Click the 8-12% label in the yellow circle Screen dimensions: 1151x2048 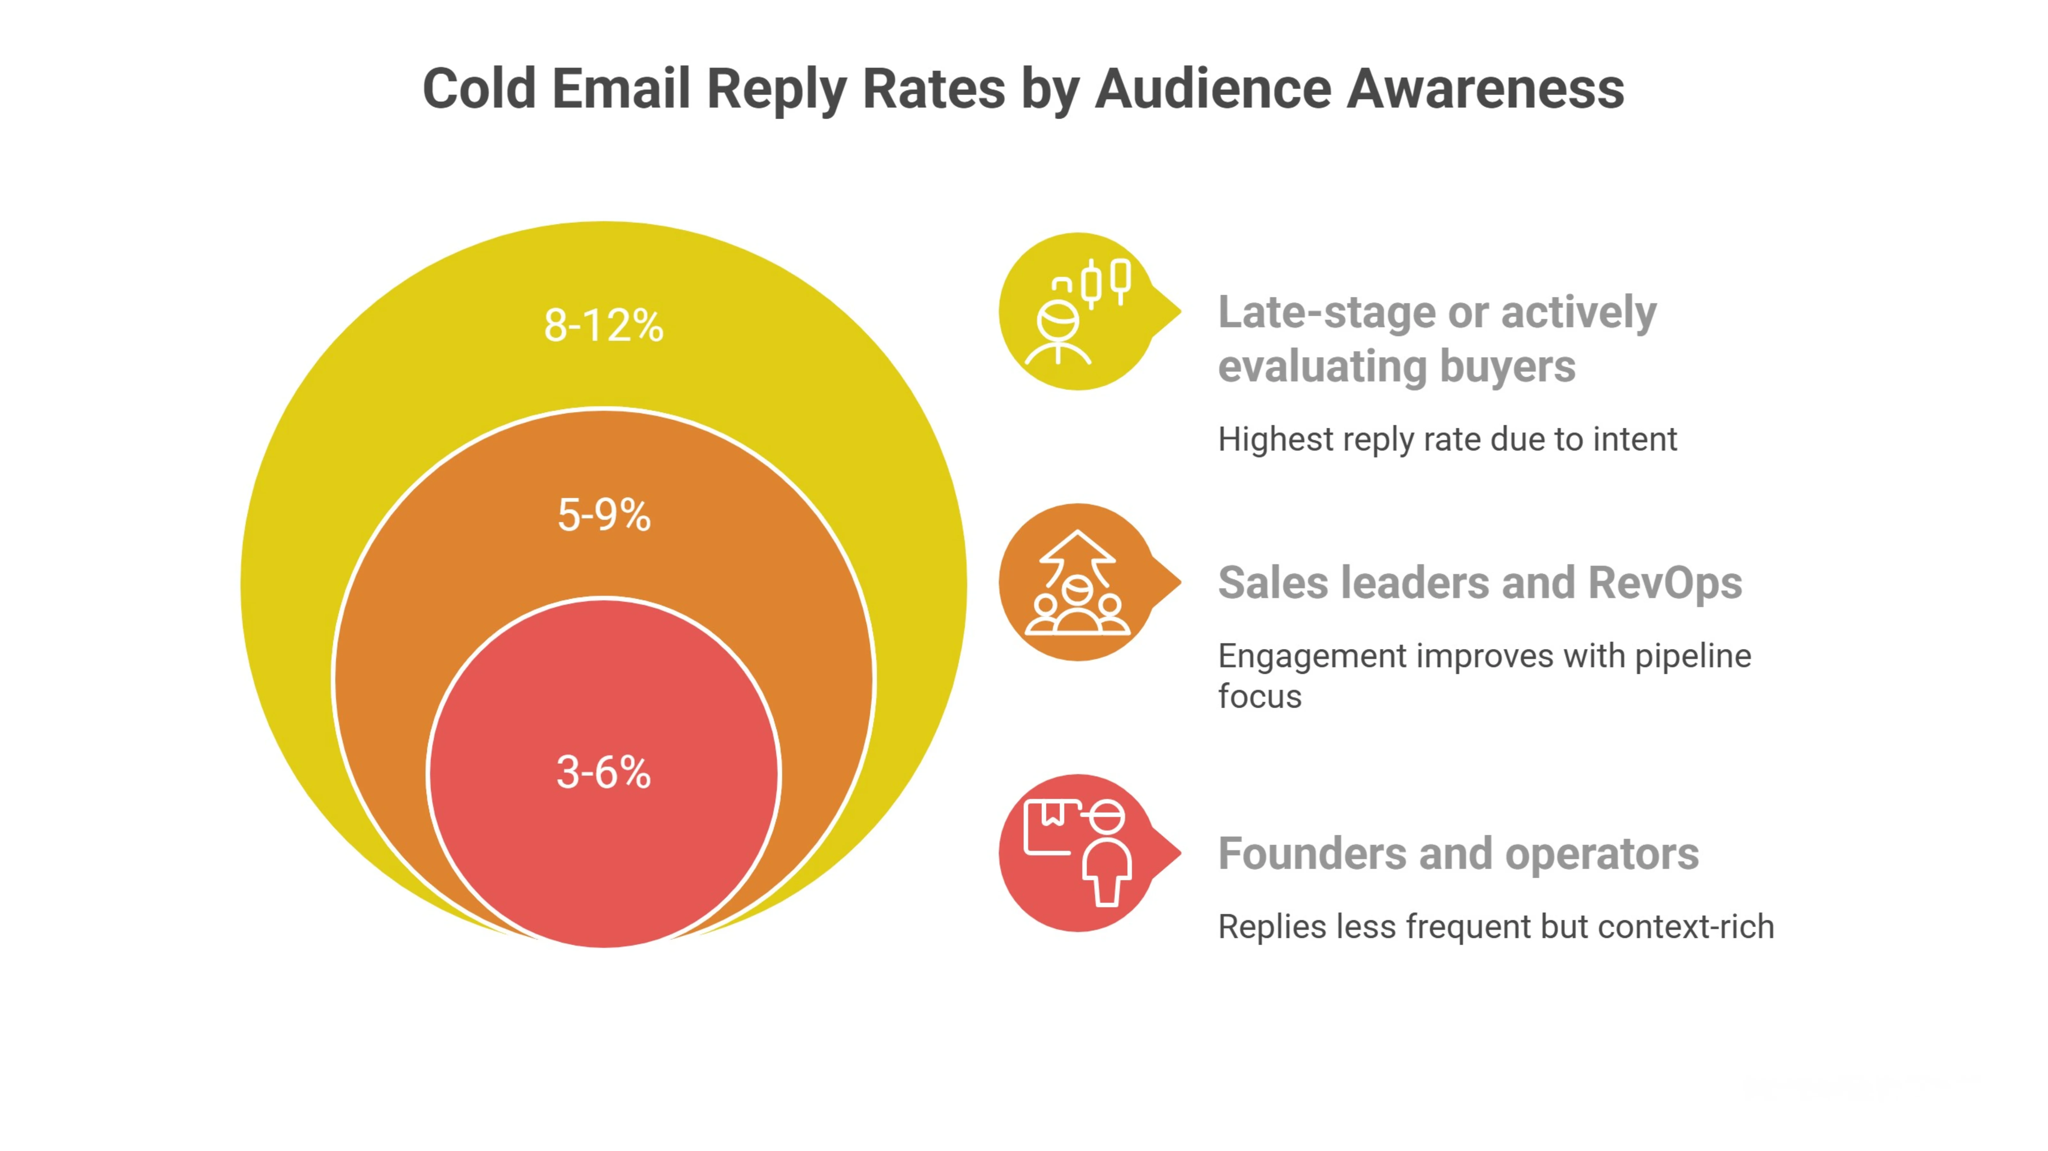coord(604,326)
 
